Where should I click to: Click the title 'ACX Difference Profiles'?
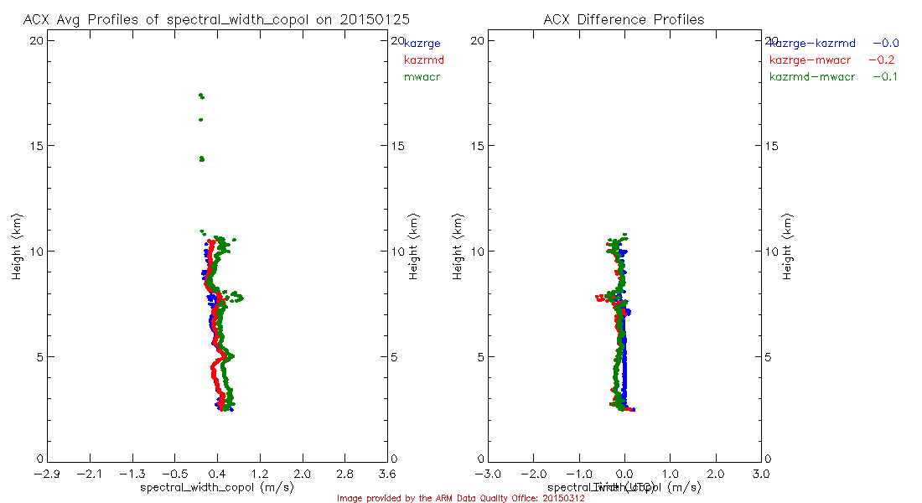pyautogui.click(x=624, y=19)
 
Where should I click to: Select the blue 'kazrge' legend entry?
pyautogui.click(x=422, y=43)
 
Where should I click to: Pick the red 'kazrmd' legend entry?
pyautogui.click(x=423, y=60)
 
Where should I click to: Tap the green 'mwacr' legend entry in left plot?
pyautogui.click(x=422, y=77)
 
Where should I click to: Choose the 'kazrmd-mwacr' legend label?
pyautogui.click(x=811, y=77)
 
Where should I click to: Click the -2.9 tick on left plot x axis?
pyautogui.click(x=47, y=474)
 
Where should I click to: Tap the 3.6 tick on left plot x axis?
pyautogui.click(x=387, y=474)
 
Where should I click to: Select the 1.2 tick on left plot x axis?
pyautogui.click(x=260, y=474)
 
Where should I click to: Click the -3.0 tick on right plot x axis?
pyautogui.click(x=488, y=474)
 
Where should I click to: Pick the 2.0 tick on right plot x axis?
pyautogui.click(x=716, y=474)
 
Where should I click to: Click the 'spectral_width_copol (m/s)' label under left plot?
pyautogui.click(x=216, y=487)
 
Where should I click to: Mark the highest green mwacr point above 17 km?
pyautogui.click(x=201, y=96)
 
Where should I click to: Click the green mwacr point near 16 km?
pyautogui.click(x=201, y=120)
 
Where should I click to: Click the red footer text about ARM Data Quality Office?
pyautogui.click(x=460, y=498)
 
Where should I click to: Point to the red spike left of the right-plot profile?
pyautogui.click(x=598, y=297)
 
